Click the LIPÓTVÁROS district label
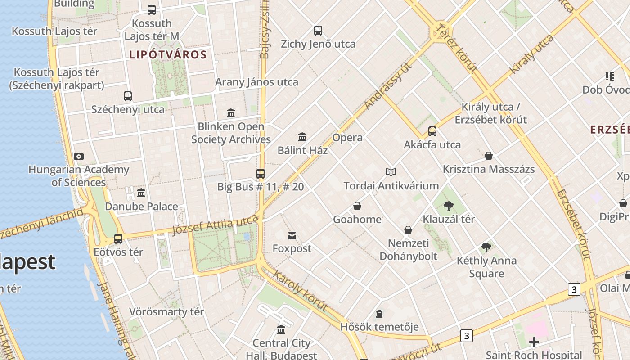point(168,55)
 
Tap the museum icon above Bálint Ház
point(302,137)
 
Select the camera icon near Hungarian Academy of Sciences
point(79,157)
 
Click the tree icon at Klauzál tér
point(448,206)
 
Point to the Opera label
point(347,138)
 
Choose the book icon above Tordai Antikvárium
point(391,172)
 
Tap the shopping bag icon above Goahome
point(357,206)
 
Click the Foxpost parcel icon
point(292,235)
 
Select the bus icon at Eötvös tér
point(118,238)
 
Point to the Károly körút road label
point(300,291)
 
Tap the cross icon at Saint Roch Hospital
point(534,342)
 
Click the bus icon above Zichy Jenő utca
point(318,31)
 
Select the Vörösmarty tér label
point(166,311)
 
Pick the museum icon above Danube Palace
point(141,193)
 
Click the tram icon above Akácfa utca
point(432,131)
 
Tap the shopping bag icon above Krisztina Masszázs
point(489,156)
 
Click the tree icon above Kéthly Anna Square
point(486,247)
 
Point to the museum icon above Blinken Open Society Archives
point(231,113)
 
